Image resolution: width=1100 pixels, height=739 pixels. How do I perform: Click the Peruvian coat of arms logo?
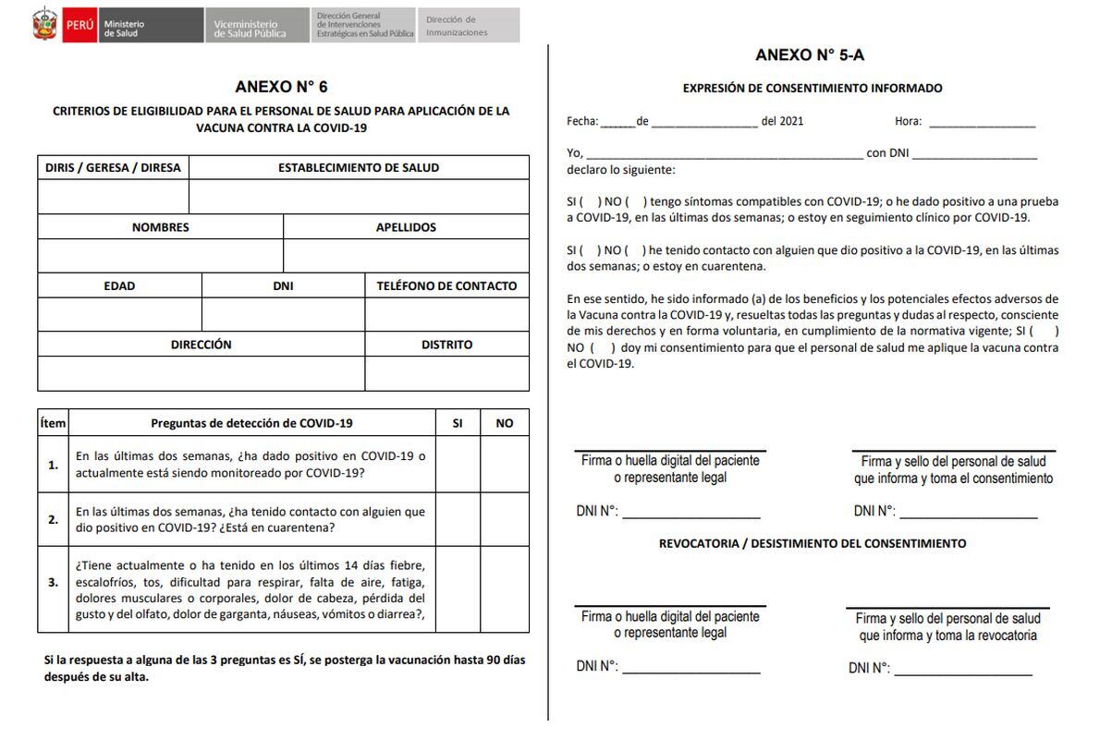pyautogui.click(x=44, y=26)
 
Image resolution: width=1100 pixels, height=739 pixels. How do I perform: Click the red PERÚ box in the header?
pyautogui.click(x=79, y=26)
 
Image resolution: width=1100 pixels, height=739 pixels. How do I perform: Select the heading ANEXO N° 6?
pyautogui.click(x=281, y=87)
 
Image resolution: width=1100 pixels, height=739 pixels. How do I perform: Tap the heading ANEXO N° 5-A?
pyautogui.click(x=810, y=55)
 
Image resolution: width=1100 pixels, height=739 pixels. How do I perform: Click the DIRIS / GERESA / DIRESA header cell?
pyautogui.click(x=113, y=168)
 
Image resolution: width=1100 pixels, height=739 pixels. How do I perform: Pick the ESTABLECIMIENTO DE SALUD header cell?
pyautogui.click(x=359, y=168)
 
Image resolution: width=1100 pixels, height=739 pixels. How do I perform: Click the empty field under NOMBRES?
pyautogui.click(x=160, y=256)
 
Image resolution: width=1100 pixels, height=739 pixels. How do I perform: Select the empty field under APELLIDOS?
pyautogui.click(x=406, y=256)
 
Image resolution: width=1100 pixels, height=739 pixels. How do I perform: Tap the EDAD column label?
pyautogui.click(x=119, y=286)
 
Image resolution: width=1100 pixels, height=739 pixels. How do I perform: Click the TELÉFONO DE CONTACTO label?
pyautogui.click(x=446, y=286)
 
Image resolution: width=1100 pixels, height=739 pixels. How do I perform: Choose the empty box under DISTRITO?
pyautogui.click(x=446, y=373)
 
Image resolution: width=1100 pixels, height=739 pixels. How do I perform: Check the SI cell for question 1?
pyautogui.click(x=458, y=465)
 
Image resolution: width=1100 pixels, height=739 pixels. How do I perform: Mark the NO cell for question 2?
pyautogui.click(x=505, y=519)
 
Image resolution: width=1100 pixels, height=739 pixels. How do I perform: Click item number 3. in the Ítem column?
pyautogui.click(x=54, y=582)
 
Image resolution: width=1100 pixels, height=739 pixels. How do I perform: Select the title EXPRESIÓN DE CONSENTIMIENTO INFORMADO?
pyautogui.click(x=813, y=89)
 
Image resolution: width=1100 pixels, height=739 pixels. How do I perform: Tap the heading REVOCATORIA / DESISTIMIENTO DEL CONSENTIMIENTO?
pyautogui.click(x=813, y=544)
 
